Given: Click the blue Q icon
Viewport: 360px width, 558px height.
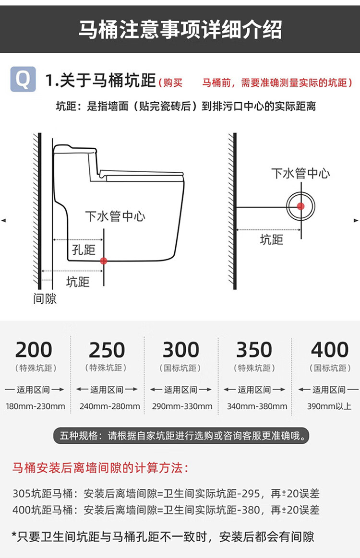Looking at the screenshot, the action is (23, 79).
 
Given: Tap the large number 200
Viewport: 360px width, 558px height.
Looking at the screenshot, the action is (33, 350).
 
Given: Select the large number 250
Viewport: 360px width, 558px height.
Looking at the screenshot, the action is (107, 350).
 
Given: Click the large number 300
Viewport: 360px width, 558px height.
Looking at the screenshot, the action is (180, 350).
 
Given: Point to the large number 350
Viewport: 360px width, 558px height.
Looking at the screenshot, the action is (254, 350).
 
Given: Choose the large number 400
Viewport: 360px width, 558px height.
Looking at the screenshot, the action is (330, 350).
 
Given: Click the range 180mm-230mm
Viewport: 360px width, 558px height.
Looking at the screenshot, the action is (36, 406).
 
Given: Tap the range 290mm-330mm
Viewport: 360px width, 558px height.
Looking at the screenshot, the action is (182, 406).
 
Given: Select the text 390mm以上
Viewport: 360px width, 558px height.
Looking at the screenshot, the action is (329, 406).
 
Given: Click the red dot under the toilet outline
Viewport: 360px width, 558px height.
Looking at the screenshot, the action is (104, 261).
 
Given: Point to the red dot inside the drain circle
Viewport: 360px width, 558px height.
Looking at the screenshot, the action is (300, 206).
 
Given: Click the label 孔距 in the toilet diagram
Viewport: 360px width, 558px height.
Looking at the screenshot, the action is (84, 249).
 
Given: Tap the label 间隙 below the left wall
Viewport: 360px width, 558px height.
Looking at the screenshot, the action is (45, 299).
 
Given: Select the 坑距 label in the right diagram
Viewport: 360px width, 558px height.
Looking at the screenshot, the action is (272, 239).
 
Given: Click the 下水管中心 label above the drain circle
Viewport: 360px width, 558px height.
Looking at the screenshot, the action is (300, 174).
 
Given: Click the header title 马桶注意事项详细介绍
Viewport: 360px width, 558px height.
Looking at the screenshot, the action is (180, 30).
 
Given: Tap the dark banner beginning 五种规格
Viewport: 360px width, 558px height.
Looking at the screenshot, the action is (180, 436).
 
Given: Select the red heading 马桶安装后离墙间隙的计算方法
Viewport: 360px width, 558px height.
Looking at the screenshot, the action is (100, 467).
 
